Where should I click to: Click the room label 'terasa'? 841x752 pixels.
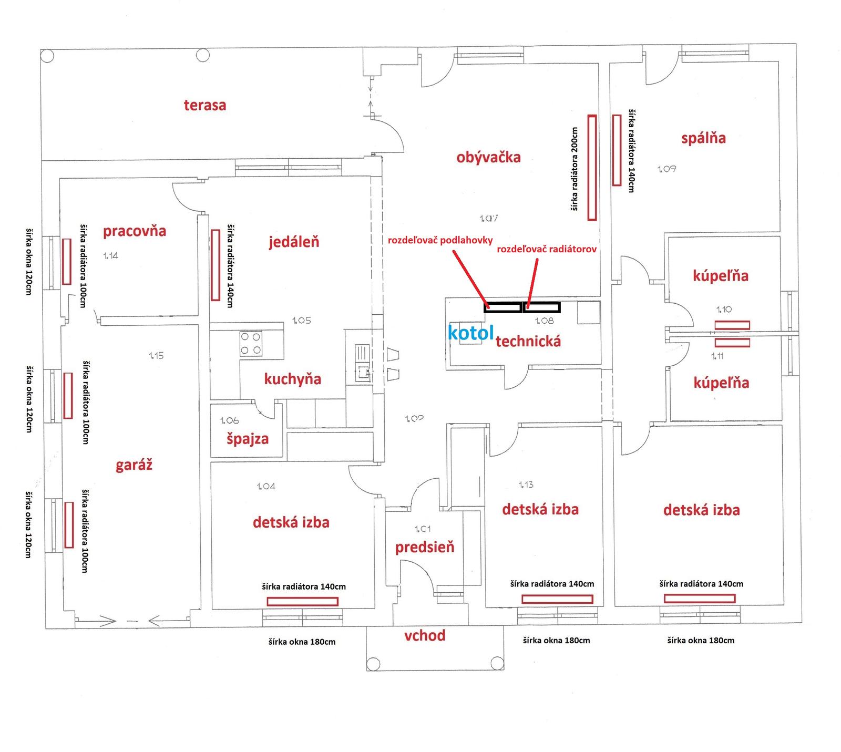(x=205, y=105)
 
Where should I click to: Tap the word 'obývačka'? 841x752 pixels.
(x=488, y=157)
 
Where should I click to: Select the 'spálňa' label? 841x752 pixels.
(x=703, y=138)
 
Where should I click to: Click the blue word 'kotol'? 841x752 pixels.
(x=470, y=333)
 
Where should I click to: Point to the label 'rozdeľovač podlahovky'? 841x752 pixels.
(x=440, y=240)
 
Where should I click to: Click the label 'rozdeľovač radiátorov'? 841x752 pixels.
(x=547, y=249)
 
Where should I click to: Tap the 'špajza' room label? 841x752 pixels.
(x=248, y=439)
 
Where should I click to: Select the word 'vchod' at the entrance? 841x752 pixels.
(x=425, y=636)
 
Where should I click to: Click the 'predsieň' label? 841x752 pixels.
(x=425, y=548)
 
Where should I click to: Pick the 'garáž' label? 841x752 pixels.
(x=134, y=465)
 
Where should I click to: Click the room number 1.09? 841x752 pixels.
(x=666, y=169)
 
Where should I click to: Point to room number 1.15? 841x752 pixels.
(x=156, y=356)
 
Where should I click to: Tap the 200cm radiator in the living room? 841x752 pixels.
(x=592, y=168)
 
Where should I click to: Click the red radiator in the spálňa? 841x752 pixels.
(x=617, y=150)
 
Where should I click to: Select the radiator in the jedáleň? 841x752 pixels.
(x=215, y=265)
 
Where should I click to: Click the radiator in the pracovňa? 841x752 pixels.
(x=67, y=261)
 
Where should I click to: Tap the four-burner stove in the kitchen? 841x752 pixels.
(x=251, y=344)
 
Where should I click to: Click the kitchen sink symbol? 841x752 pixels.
(x=363, y=363)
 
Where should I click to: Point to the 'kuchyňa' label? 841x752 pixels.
(x=292, y=379)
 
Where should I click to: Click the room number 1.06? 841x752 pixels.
(x=230, y=420)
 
